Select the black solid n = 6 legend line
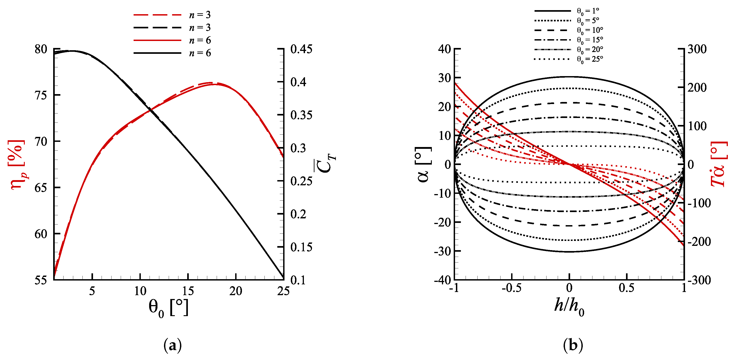point(157,53)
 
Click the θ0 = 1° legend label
point(588,11)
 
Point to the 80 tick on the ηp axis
point(41,50)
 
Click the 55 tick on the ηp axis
point(41,280)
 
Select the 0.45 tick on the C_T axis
point(301,49)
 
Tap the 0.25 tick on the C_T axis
point(301,181)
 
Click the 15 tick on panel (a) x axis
point(188,291)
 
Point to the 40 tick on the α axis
point(444,49)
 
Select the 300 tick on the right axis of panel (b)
point(697,50)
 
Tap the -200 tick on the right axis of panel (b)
point(699,242)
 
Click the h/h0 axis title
point(569,307)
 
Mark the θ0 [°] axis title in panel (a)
point(168,308)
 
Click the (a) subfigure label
point(172,346)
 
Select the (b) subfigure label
point(573,346)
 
